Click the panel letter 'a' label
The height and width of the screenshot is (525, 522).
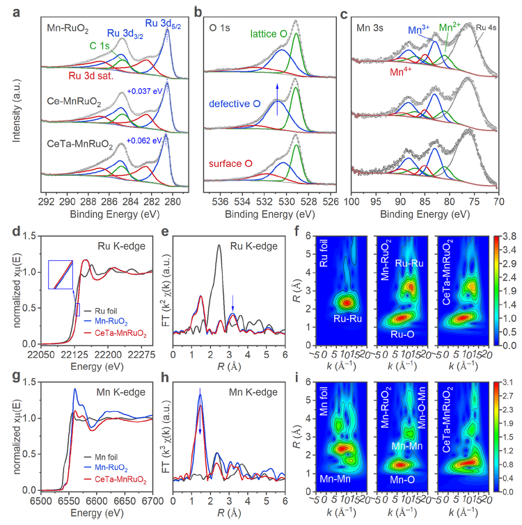(16, 13)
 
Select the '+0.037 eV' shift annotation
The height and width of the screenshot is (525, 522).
(145, 91)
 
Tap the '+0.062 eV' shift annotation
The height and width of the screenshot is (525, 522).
(144, 140)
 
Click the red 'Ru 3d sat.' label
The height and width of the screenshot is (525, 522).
(90, 76)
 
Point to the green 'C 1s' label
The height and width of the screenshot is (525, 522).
(100, 46)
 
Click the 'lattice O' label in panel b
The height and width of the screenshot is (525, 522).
(269, 34)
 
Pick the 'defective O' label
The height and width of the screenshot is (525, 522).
(235, 104)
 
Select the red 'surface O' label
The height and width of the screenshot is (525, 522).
(230, 163)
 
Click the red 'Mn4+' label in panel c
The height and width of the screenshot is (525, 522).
(401, 72)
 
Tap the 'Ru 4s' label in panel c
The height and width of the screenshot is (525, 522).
(486, 28)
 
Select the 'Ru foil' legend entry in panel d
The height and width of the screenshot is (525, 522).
(100, 311)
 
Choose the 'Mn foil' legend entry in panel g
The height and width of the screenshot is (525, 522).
(100, 457)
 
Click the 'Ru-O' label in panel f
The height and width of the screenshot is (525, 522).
(402, 334)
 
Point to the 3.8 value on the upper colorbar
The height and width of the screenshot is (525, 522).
(509, 237)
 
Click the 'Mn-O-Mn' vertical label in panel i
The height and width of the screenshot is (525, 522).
(422, 407)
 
